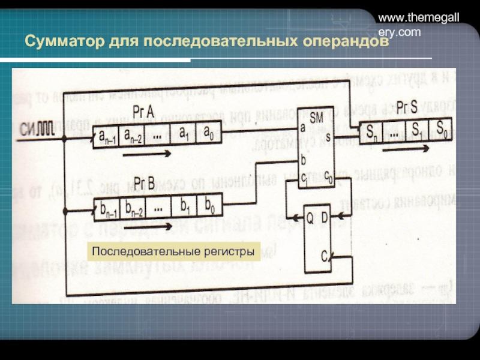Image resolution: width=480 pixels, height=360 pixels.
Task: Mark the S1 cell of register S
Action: [x=415, y=128]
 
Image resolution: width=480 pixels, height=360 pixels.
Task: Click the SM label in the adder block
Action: [x=317, y=119]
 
